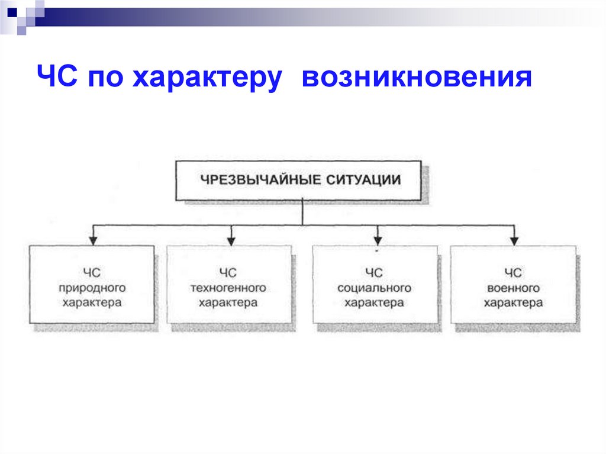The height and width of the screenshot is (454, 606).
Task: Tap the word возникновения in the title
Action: click(417, 78)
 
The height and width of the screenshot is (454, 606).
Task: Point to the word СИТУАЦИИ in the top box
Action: click(363, 179)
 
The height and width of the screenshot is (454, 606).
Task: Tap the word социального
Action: click(374, 288)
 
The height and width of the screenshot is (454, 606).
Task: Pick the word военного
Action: click(513, 288)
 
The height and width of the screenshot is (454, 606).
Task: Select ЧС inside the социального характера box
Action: click(374, 273)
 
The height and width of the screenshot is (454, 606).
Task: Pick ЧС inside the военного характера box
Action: click(513, 273)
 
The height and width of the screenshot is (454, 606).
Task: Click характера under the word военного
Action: click(513, 303)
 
